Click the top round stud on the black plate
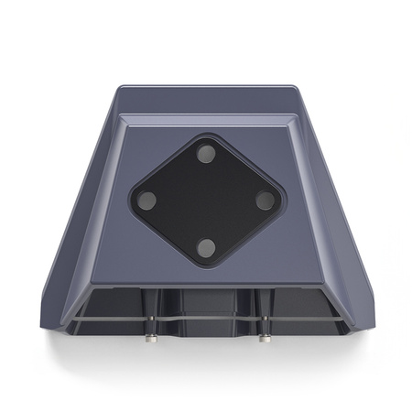(207, 152)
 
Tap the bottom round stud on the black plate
(208, 246)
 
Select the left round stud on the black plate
(149, 201)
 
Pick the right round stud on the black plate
(265, 200)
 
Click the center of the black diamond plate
(207, 200)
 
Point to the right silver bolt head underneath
(264, 338)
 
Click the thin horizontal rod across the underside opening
(207, 320)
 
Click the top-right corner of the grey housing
(295, 89)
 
